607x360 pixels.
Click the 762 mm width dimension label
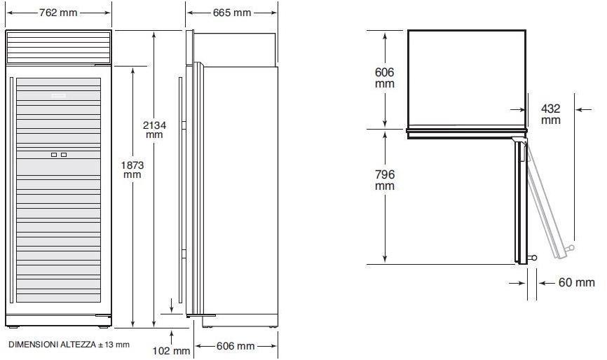tap(58, 13)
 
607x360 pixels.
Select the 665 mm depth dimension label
tap(232, 13)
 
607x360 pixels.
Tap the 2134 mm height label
tap(154, 130)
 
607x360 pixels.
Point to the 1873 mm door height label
tap(132, 169)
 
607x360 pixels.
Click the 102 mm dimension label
tap(171, 351)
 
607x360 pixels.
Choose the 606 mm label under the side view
tap(236, 346)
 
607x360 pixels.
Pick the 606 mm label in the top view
tap(384, 78)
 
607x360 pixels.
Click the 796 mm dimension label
tap(384, 180)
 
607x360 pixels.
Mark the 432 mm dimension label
tap(550, 114)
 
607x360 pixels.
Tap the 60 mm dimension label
tap(576, 283)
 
